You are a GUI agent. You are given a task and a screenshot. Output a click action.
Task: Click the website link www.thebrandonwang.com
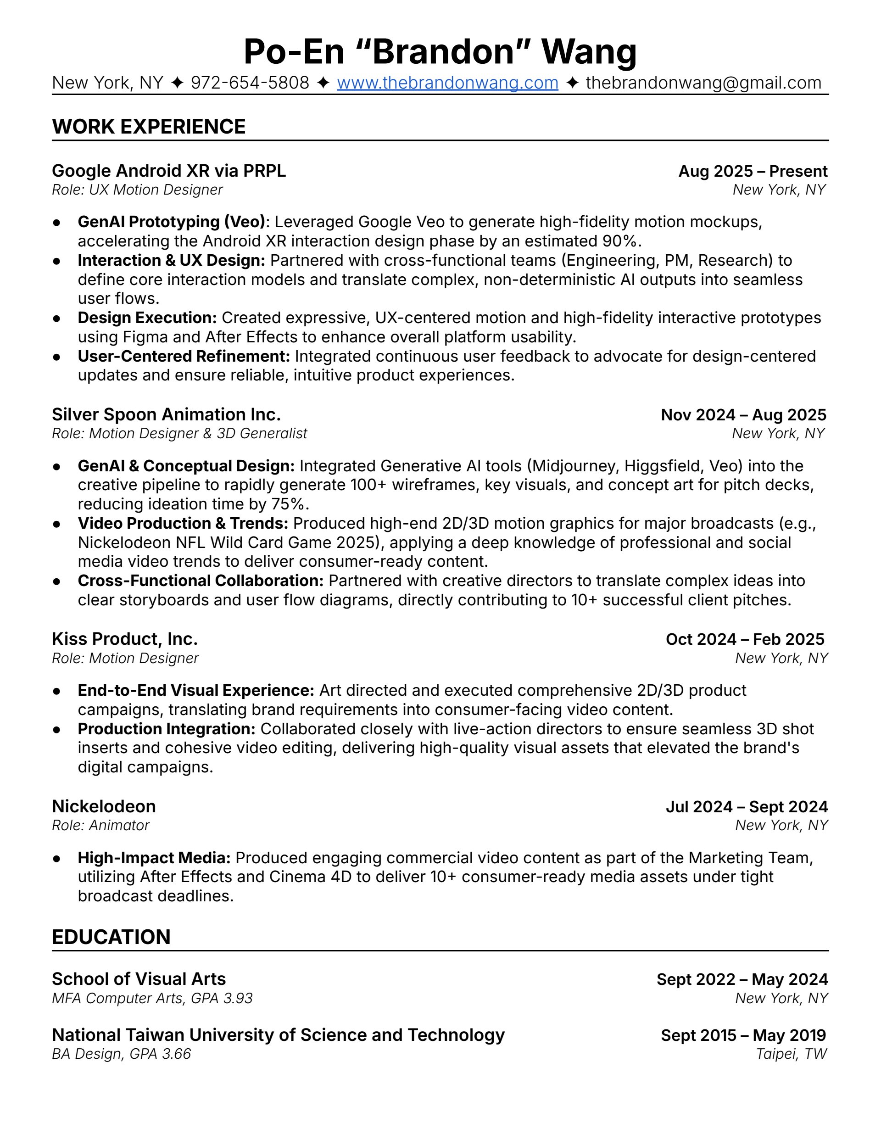pos(447,83)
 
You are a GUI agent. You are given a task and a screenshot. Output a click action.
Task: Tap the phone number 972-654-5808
pos(250,83)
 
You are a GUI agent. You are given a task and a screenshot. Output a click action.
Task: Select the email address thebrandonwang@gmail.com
pos(703,83)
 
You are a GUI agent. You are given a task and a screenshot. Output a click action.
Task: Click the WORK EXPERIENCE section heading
pos(149,127)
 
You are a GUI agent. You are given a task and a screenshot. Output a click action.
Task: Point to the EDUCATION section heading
pos(111,937)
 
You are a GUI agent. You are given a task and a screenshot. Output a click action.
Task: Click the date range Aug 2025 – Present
pos(753,171)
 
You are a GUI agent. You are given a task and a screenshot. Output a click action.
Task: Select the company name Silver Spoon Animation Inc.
pos(166,414)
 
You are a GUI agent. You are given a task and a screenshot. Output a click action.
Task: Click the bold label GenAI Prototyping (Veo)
pos(171,222)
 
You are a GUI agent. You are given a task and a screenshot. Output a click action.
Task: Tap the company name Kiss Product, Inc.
pos(125,639)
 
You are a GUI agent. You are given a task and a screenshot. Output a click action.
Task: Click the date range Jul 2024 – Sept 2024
pos(747,807)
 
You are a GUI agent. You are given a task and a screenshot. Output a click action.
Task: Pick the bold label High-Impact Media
pos(154,858)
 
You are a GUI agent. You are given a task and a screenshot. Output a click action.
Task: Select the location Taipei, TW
pos(791,1054)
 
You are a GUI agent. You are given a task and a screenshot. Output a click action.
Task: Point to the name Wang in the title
pos(589,51)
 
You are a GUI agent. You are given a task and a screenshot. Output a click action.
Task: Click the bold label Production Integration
pos(167,729)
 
